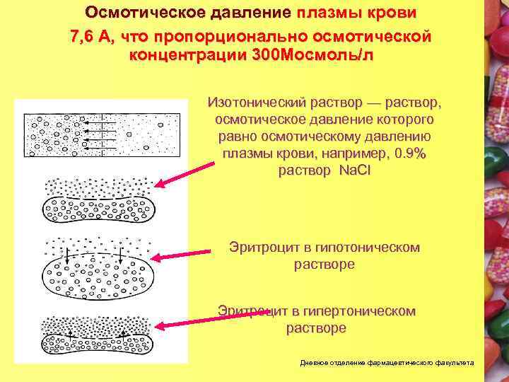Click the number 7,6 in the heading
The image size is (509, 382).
click(83, 36)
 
